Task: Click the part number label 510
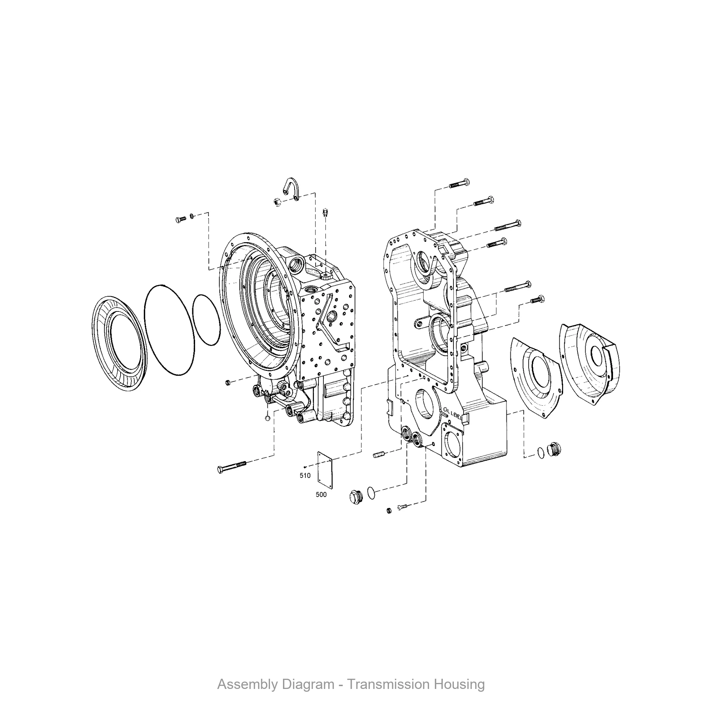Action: coord(305,476)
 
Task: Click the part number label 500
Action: coord(321,495)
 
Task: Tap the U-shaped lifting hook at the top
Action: coord(291,188)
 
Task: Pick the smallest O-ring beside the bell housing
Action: coord(206,320)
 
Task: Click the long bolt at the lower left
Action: coord(231,466)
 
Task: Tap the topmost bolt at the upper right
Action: coord(459,184)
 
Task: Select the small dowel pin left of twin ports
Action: coord(379,454)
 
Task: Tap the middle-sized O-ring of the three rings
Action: coord(169,330)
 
